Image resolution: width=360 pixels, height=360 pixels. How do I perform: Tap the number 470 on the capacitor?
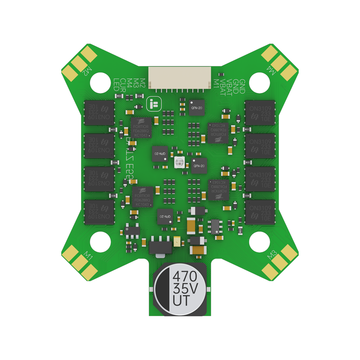[185, 277]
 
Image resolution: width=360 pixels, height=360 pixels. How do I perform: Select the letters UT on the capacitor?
[181, 300]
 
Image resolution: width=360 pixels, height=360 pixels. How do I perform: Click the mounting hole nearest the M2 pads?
[100, 82]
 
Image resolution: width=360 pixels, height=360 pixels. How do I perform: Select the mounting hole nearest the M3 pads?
[260, 242]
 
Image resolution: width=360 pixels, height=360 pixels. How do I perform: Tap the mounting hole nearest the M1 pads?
[100, 242]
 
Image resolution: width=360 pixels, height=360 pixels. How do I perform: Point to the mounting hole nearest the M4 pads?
[260, 82]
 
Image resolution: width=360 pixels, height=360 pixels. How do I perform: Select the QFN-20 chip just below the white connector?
[196, 107]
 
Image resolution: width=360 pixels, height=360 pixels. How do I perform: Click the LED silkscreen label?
[116, 85]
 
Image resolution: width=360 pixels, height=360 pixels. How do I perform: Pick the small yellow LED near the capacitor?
[177, 242]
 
